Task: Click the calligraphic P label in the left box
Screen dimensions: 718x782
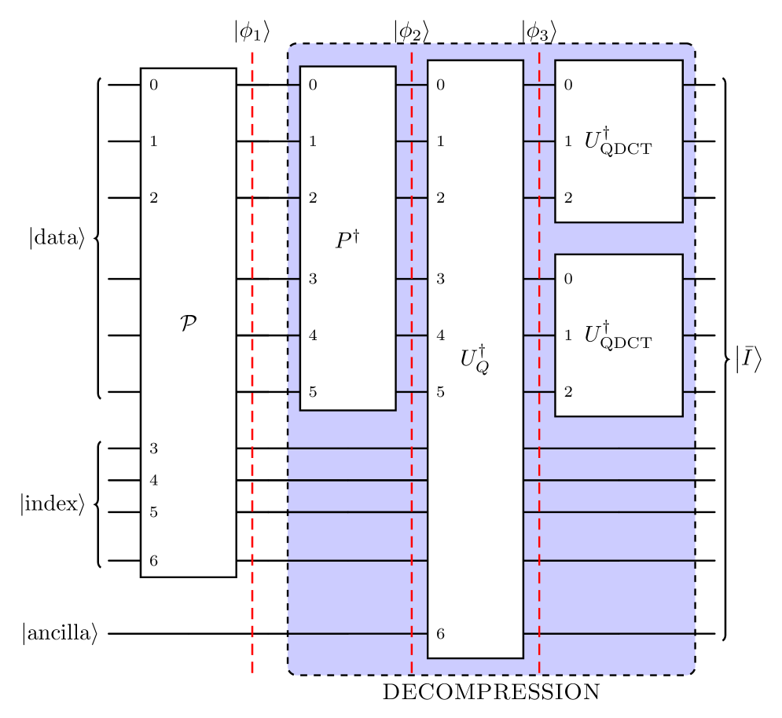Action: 188,323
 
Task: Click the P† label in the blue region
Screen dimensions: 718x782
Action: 347,240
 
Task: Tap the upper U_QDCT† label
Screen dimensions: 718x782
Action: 618,141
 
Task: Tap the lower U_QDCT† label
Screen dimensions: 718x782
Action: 618,335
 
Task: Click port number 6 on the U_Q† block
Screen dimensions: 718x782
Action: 440,634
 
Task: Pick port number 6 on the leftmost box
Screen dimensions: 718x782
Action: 153,561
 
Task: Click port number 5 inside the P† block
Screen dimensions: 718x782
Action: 313,392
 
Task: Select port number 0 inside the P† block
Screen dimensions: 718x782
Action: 313,85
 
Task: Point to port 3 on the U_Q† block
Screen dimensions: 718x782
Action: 440,279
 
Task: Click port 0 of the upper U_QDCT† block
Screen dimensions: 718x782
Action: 567,85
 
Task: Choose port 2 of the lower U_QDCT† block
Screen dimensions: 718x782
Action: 567,392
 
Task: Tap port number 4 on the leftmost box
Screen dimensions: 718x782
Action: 153,480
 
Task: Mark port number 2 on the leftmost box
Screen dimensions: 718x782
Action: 153,198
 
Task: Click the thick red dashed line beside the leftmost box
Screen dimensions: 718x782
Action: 252,361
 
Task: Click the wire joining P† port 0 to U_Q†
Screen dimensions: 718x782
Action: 411,84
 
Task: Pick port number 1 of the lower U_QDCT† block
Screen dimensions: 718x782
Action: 567,335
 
